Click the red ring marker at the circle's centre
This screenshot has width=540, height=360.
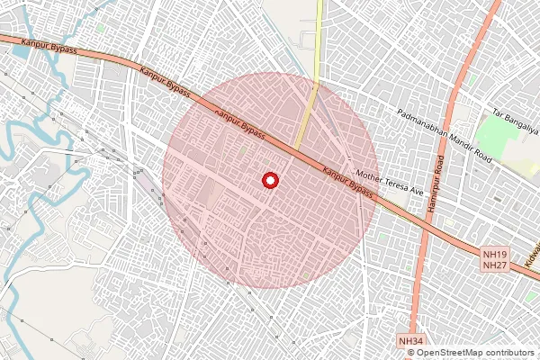pyautogui.click(x=269, y=181)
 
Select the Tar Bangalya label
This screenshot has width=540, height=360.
pyautogui.click(x=515, y=121)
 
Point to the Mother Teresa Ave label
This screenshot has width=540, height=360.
pyautogui.click(x=390, y=182)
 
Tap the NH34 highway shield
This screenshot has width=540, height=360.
pyautogui.click(x=410, y=341)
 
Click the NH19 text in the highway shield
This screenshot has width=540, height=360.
pyautogui.click(x=494, y=255)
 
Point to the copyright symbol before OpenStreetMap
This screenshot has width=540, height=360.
pyautogui.click(x=411, y=353)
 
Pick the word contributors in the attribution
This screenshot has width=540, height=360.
pyautogui.click(x=509, y=353)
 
